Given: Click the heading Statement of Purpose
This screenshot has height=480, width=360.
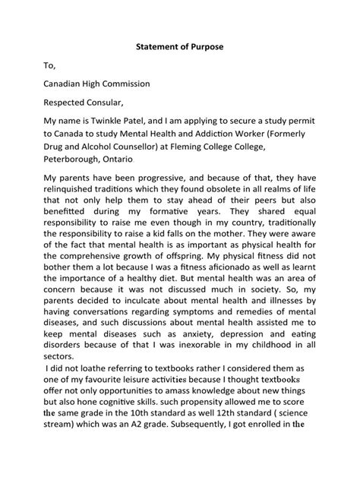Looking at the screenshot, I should pos(179,47).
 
